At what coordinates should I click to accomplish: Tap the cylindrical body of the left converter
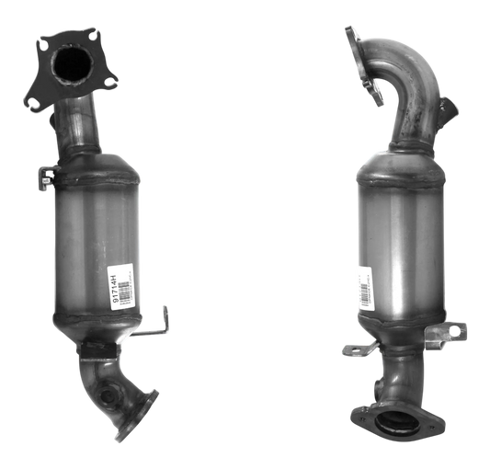[x=97, y=248]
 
